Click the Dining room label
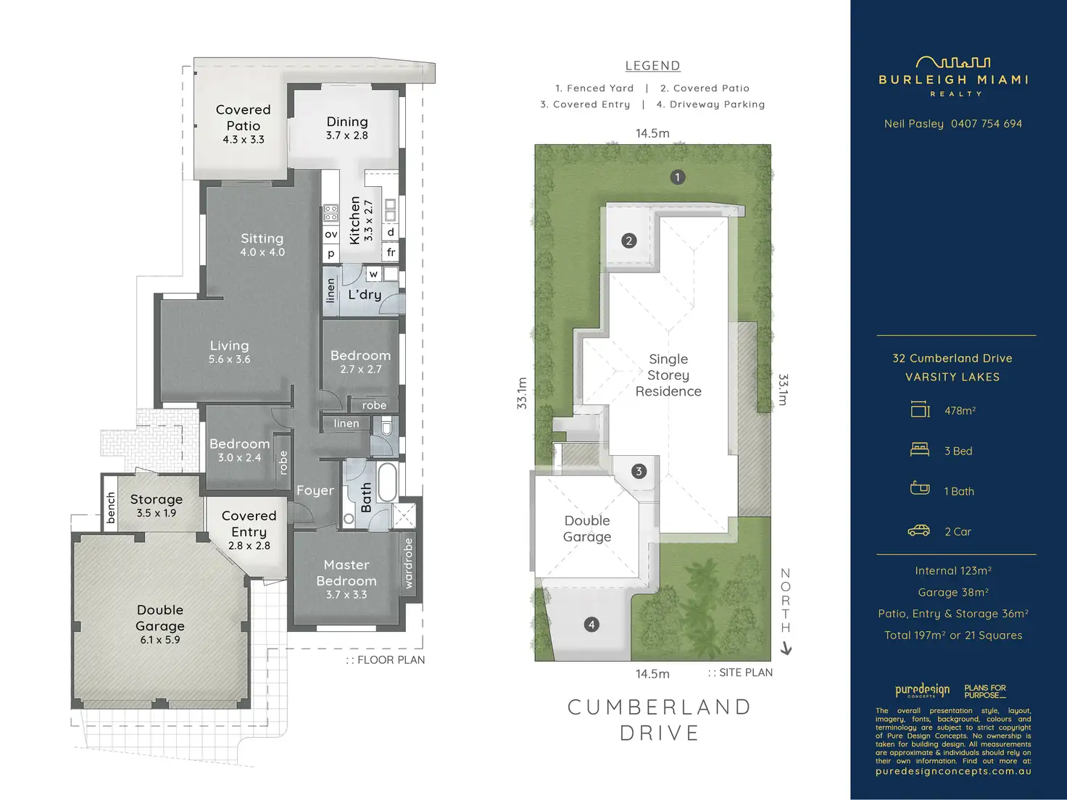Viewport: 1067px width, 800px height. tap(347, 122)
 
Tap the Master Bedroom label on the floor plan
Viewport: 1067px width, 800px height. tap(346, 572)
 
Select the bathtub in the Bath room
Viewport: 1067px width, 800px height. tap(387, 482)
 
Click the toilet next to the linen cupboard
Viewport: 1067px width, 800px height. tap(386, 428)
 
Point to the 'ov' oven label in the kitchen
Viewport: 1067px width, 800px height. tap(331, 234)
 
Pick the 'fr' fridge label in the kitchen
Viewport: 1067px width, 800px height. tap(391, 251)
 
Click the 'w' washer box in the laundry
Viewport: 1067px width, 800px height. tap(373, 274)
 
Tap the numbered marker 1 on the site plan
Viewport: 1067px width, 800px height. tap(678, 178)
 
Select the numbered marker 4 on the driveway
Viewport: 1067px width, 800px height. tap(591, 625)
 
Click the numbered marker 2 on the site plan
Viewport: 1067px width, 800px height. tap(629, 241)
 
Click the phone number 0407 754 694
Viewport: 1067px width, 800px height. tap(987, 124)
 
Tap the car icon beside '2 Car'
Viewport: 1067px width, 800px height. tap(918, 531)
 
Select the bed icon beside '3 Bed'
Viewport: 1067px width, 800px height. tap(919, 450)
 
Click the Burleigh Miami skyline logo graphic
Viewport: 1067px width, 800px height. tap(953, 62)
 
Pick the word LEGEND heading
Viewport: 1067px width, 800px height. tap(653, 65)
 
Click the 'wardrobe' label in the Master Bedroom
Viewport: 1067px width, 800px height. tap(408, 563)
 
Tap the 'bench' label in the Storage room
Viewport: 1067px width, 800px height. tap(111, 507)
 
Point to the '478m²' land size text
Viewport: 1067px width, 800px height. tap(960, 411)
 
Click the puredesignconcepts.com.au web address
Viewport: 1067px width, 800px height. tap(953, 771)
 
